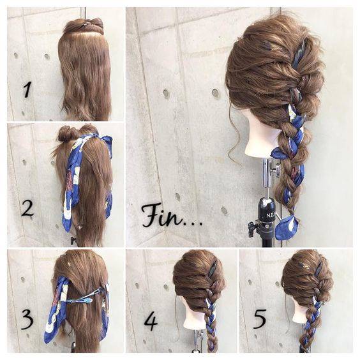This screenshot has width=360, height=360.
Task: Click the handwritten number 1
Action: [27, 89]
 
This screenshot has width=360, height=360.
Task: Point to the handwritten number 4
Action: [151, 320]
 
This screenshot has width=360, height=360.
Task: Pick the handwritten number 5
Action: [260, 319]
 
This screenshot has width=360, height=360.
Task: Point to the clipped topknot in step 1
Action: [84, 25]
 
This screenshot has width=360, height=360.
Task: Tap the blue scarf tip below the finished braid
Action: [287, 227]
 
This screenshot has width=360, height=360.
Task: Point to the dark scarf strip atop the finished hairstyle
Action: [299, 53]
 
